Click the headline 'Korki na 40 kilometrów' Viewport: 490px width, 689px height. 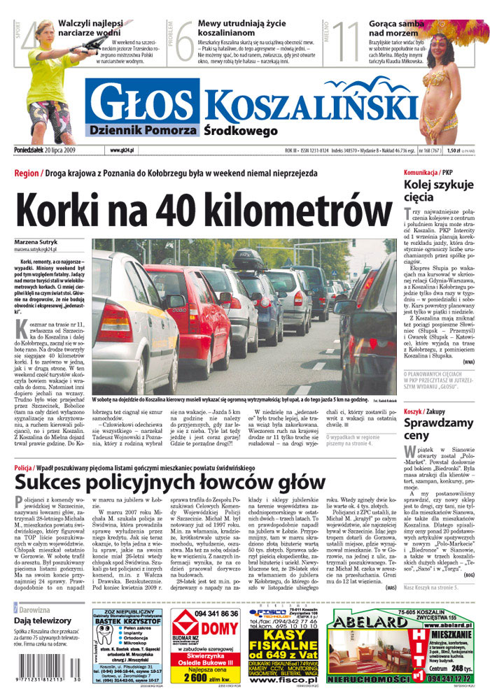(204, 208)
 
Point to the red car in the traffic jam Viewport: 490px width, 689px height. (189, 308)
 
